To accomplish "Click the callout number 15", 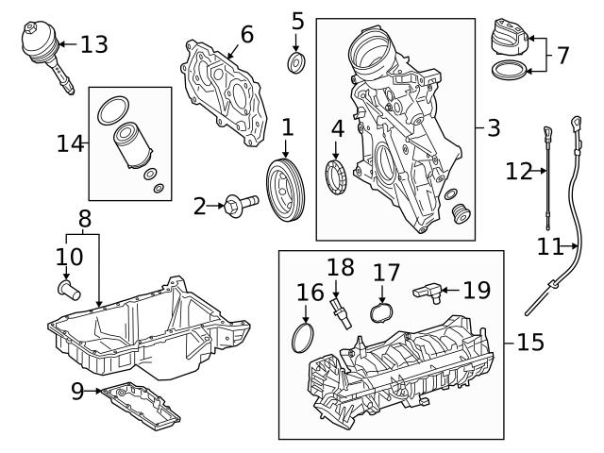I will [x=530, y=342].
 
